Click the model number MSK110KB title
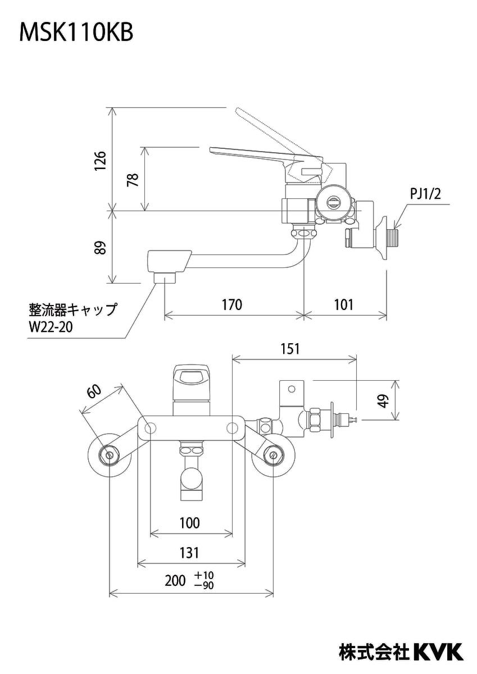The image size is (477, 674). coord(76,33)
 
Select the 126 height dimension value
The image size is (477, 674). coord(100,161)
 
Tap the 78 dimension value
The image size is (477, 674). coord(133,180)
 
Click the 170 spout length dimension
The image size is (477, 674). coord(232,304)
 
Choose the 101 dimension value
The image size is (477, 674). coord(344,304)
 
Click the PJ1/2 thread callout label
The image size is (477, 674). coord(425,194)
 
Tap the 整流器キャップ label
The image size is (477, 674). coord(73,309)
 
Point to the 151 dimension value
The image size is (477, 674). coord(290,349)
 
